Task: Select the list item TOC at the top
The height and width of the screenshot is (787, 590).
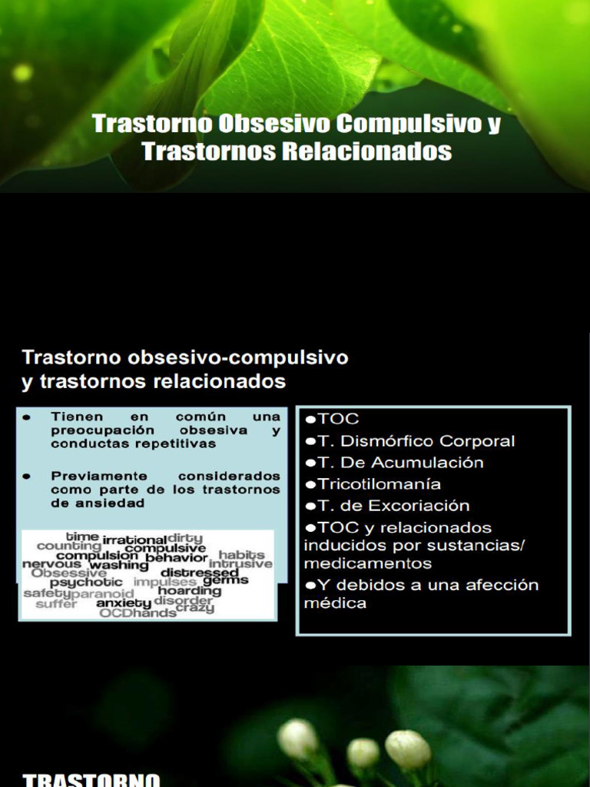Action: pyautogui.click(x=338, y=420)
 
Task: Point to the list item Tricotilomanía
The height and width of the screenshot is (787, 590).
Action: pyautogui.click(x=379, y=484)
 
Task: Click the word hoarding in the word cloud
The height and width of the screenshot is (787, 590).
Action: pyautogui.click(x=190, y=591)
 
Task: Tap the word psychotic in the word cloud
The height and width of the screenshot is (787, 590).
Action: pyautogui.click(x=86, y=583)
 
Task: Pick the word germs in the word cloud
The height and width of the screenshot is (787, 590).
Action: pyautogui.click(x=225, y=580)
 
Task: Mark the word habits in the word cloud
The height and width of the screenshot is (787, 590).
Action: pyautogui.click(x=241, y=554)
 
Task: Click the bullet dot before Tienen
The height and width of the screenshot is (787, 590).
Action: pyautogui.click(x=27, y=417)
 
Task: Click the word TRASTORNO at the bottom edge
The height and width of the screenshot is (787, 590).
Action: pyautogui.click(x=91, y=780)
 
